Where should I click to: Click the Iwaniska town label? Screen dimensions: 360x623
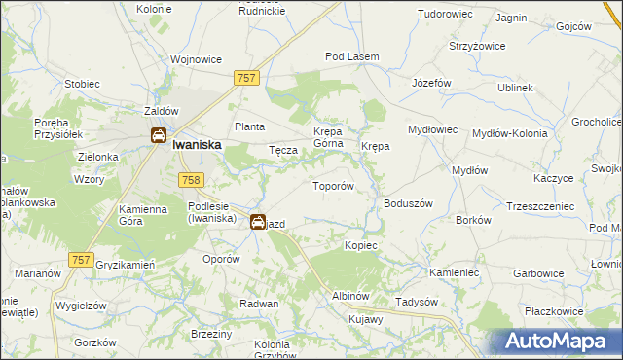198,143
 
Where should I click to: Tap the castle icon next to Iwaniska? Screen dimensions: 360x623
158,136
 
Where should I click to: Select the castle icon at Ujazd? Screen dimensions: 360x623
258,221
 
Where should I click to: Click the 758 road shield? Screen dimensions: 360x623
191,179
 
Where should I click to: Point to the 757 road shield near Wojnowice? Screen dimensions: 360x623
246,77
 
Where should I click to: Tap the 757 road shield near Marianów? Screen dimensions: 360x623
82,259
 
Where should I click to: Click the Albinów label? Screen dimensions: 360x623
351,295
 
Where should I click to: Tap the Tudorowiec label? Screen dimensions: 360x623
444,15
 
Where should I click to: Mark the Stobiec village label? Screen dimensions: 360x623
82,84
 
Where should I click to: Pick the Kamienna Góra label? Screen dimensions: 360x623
142,215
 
